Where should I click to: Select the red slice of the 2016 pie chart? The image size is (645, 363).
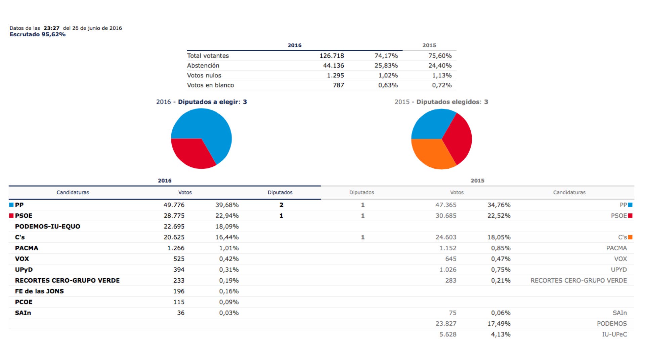click(191, 153)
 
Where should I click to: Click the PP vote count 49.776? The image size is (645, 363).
click(174, 205)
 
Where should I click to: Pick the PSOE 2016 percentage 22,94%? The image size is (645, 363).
click(227, 215)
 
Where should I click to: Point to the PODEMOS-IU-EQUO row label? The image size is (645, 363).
click(48, 226)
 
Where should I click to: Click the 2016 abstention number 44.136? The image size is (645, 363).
click(334, 66)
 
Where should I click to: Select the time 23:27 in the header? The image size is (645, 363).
click(51, 28)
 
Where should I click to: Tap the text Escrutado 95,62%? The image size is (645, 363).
click(38, 34)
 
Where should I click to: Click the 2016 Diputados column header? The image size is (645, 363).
click(280, 193)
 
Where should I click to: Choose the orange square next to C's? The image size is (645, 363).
click(630, 237)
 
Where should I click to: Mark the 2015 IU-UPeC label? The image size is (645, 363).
click(614, 334)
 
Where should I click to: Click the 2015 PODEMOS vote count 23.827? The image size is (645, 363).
click(446, 324)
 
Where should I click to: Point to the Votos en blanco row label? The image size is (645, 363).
click(211, 85)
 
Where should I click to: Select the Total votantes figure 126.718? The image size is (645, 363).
click(332, 56)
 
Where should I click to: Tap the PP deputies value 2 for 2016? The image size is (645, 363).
click(282, 205)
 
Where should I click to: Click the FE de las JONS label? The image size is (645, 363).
click(39, 291)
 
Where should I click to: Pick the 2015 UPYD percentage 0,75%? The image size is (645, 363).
click(501, 270)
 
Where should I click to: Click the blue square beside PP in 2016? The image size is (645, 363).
click(11, 205)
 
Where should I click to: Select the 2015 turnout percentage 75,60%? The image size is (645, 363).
click(440, 56)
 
